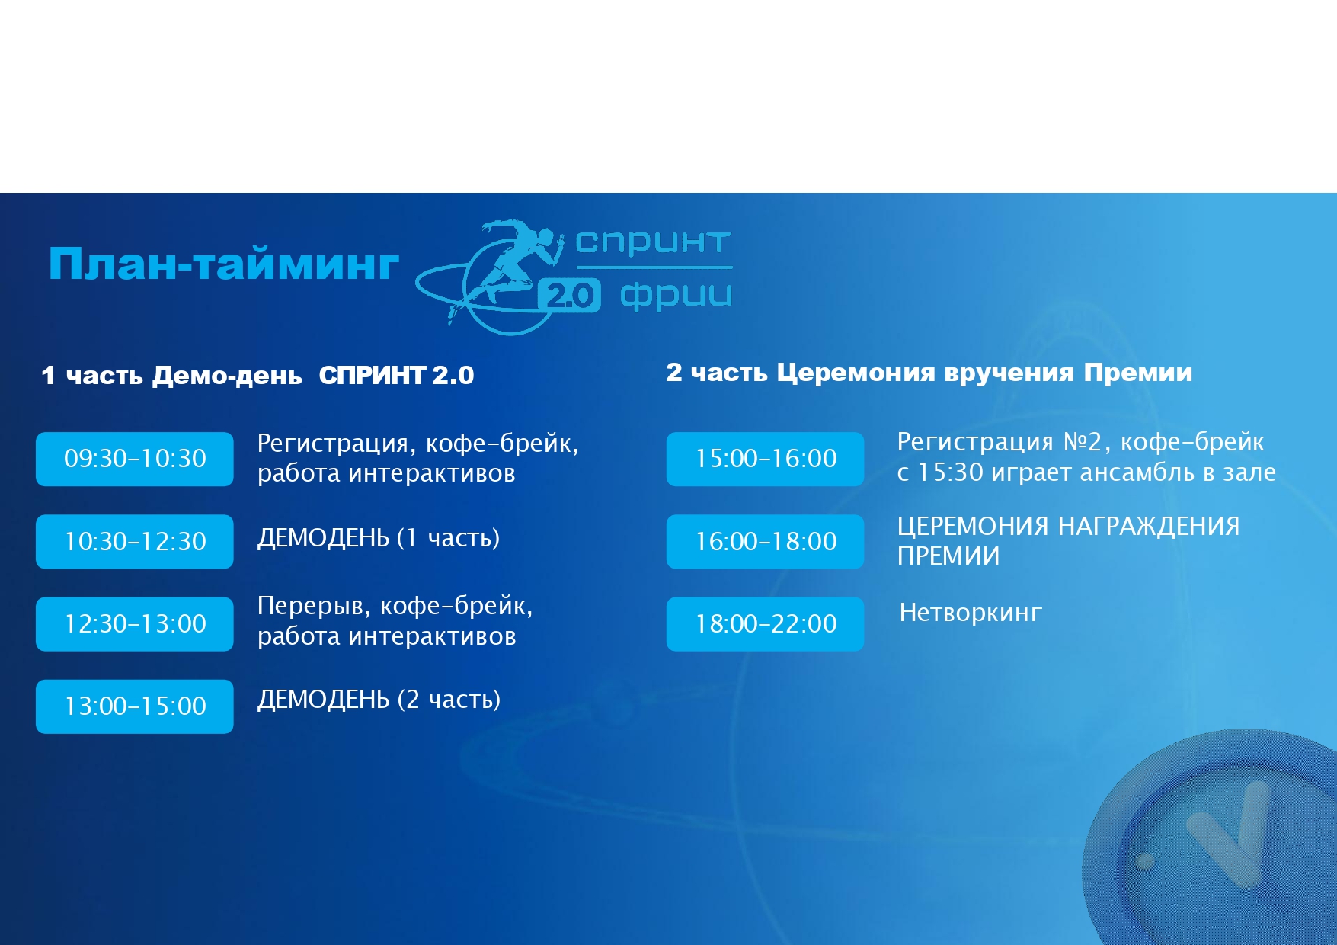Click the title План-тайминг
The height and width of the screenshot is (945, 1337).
[x=223, y=264]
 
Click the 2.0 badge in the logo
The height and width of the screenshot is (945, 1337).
[x=569, y=295]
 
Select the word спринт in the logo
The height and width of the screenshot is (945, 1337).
[x=653, y=242]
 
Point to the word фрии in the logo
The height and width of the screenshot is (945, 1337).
[x=676, y=296]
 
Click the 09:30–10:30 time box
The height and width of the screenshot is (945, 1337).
[x=135, y=459]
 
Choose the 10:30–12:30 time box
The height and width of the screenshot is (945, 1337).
[x=135, y=542]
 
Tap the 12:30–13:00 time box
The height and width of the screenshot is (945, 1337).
[x=135, y=624]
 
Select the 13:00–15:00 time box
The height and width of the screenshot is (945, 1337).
[x=135, y=706]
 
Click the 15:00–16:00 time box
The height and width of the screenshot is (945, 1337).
[x=766, y=459]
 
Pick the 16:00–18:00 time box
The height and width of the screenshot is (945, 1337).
[x=766, y=542]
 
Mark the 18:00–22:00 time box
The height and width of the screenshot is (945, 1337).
[x=766, y=624]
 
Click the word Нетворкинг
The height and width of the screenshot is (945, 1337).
[x=971, y=613]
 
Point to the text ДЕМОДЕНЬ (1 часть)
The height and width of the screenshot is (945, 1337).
[x=379, y=539]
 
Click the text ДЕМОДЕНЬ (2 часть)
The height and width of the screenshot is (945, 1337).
[x=379, y=700]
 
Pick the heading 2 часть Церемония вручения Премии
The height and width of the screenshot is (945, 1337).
[x=929, y=373]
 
